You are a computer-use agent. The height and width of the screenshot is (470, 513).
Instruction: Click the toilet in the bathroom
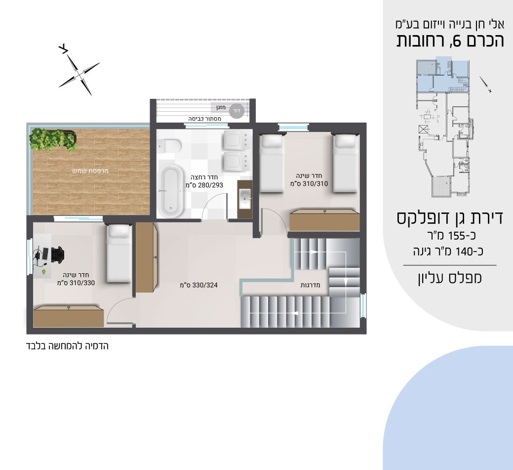(x=169, y=146)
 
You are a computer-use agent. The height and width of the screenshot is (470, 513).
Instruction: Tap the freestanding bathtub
(x=170, y=191)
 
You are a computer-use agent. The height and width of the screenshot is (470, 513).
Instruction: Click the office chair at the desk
(x=57, y=254)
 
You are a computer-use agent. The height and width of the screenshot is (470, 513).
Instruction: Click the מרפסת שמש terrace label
(x=90, y=171)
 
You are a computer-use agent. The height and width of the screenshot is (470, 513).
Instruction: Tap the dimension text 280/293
(x=210, y=185)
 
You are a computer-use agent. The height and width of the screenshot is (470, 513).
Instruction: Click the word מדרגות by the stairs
(x=311, y=285)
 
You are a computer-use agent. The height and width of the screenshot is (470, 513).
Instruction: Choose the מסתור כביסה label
(x=204, y=119)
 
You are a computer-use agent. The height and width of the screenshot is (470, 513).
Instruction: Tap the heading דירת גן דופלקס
(x=449, y=218)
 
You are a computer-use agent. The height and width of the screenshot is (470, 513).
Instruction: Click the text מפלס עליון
(x=450, y=278)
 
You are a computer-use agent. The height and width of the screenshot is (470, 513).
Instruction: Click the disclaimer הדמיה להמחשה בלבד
(x=67, y=346)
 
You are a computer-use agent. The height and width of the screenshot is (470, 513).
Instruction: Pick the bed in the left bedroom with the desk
(x=119, y=253)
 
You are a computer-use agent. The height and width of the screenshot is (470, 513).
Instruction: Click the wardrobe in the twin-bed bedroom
(x=325, y=220)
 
